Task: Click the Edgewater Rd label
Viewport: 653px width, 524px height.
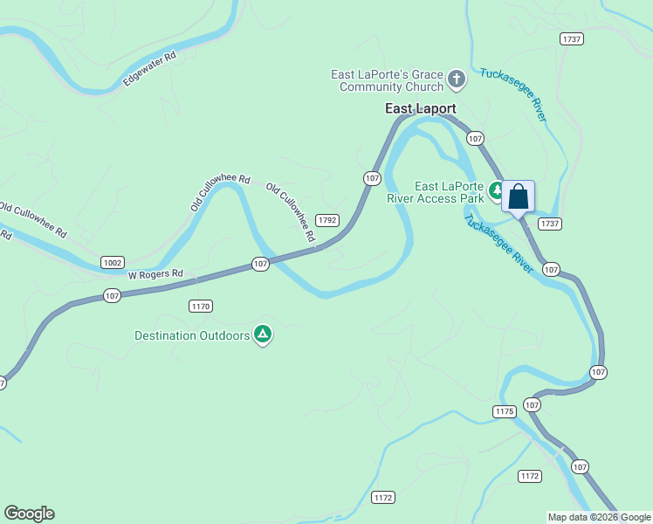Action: coord(150,69)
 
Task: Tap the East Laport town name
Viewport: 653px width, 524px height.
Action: coord(421,109)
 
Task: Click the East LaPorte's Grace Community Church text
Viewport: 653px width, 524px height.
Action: coord(387,81)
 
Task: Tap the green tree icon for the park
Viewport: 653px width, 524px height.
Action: coord(497,189)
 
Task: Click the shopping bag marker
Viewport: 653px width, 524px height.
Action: coord(518,196)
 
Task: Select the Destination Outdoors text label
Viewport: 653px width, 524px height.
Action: coord(192,335)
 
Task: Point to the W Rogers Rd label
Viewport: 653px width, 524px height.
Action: coord(155,274)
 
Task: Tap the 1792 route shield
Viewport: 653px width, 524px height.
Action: coord(327,220)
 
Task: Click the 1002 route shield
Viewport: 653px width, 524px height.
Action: coord(113,262)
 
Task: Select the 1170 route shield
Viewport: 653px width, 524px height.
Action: coord(201,306)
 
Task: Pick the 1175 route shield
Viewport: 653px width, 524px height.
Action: coord(505,411)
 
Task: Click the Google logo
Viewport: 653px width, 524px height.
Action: coord(29,514)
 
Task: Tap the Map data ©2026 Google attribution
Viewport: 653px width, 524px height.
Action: coord(600,517)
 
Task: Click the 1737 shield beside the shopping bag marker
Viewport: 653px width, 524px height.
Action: coord(549,224)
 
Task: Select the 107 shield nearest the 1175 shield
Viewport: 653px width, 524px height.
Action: coord(533,405)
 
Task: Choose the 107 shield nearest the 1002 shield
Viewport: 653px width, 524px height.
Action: coord(112,296)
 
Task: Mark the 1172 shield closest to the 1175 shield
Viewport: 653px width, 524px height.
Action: coord(529,476)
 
